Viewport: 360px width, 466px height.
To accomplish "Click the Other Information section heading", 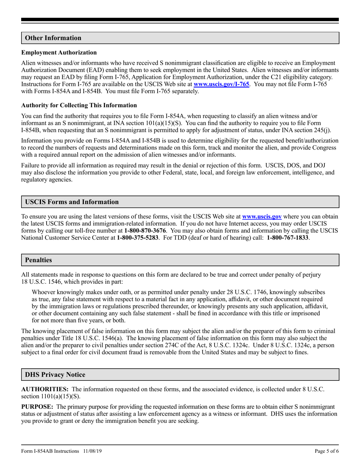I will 53,38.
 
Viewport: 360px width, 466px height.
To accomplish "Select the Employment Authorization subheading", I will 59,53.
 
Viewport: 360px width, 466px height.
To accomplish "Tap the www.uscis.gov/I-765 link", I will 221,84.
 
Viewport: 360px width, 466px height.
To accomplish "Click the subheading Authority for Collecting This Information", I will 79,105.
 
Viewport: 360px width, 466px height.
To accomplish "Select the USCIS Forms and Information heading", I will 72,202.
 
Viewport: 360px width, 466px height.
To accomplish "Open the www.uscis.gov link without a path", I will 261,217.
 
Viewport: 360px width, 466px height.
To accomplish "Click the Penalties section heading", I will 38,260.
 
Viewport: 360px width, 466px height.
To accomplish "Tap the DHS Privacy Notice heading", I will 55,375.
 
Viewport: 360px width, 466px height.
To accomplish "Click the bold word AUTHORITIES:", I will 45,389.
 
